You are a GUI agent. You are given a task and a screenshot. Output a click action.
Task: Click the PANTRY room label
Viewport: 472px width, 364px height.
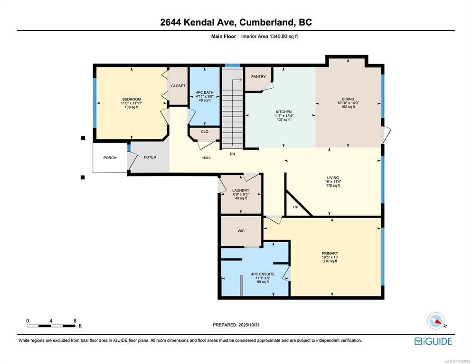258,77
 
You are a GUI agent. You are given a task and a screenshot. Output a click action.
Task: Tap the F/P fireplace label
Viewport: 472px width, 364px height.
295,207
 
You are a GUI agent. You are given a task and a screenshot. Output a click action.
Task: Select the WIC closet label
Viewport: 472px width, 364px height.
241,231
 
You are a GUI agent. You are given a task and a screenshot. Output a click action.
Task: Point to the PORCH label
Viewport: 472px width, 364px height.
110,158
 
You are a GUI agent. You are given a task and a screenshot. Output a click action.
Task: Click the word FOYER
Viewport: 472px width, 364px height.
150,157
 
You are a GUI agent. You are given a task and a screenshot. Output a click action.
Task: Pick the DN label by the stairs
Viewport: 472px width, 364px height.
232,154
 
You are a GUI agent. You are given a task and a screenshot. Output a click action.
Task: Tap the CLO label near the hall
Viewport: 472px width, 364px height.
205,132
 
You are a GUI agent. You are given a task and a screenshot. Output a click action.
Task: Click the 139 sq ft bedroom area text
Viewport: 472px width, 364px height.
132,107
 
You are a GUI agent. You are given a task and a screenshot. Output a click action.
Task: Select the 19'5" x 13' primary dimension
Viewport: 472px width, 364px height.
330,257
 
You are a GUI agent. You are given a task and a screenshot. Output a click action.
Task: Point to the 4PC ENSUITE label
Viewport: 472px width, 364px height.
263,274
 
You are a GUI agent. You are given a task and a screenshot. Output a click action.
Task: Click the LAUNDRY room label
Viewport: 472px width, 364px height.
241,190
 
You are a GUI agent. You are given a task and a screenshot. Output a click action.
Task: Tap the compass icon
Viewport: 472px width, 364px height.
436,321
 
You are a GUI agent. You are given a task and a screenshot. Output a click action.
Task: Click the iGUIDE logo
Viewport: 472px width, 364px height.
433,341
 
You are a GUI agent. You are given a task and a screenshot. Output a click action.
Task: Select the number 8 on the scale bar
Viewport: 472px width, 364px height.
75,321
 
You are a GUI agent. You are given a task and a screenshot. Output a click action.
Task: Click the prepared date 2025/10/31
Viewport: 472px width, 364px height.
249,325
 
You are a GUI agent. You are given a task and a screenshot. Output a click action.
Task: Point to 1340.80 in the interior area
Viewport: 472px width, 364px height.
277,36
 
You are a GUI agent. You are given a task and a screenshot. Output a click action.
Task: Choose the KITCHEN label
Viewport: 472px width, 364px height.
283,112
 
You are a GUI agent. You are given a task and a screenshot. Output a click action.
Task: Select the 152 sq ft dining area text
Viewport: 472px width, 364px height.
348,107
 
